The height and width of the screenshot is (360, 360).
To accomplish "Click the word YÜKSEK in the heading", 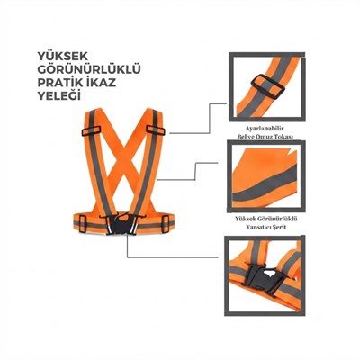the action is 63,56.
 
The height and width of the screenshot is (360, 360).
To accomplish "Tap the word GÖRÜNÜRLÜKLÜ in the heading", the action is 89,69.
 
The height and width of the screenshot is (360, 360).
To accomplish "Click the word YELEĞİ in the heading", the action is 59,95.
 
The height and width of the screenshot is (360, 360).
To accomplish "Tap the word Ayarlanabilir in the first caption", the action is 265,129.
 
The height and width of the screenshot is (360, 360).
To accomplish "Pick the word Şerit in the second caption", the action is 280,227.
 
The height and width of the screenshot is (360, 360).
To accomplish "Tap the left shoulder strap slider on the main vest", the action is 91,130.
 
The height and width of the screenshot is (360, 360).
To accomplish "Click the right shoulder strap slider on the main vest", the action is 156,130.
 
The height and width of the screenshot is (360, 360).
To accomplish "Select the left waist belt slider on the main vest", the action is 83,224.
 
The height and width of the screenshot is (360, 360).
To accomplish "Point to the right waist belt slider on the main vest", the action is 166,224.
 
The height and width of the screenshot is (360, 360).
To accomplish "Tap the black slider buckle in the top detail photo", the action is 268,86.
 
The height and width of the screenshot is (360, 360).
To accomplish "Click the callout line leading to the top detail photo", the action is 199,120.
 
